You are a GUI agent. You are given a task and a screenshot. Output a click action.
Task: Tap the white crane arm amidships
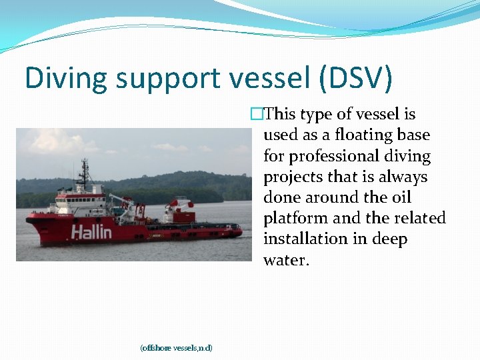point(121,199)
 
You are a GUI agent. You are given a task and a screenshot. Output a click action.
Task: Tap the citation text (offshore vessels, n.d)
point(176,348)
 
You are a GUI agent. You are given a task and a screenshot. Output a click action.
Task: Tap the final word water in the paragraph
point(286,260)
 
